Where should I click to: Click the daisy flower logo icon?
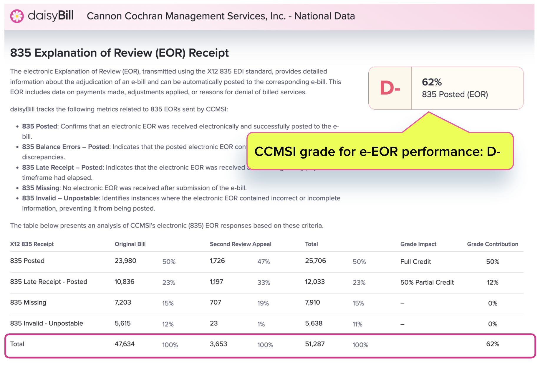17,16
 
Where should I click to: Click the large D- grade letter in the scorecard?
390,88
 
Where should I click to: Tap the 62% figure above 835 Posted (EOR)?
432,82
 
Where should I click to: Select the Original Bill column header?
130,244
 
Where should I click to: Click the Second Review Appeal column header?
240,244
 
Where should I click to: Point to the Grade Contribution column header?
492,244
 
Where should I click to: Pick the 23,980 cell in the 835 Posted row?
125,261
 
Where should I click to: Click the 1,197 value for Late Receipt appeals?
216,282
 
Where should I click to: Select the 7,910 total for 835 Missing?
312,302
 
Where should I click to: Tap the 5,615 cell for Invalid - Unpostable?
122,323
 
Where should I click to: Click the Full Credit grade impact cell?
415,262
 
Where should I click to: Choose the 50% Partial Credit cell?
427,282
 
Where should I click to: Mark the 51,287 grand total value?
315,344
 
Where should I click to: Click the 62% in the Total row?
492,344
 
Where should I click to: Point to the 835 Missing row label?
28,302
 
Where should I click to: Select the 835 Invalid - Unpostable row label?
47,323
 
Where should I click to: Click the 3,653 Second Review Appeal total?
218,344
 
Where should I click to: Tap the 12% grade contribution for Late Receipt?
492,282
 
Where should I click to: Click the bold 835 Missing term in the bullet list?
41,188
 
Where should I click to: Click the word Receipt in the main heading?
208,53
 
